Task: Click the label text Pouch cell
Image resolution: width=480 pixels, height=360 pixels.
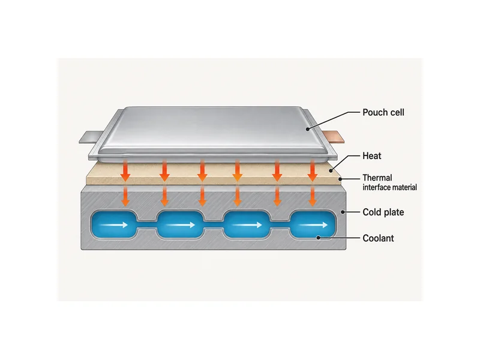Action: point(383,112)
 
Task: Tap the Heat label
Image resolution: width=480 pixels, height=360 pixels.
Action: point(372,156)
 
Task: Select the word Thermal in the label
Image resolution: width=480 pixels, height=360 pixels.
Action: point(377,178)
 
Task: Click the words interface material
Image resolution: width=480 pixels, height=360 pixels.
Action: point(389,187)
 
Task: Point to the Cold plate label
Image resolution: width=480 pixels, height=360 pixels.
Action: point(383,212)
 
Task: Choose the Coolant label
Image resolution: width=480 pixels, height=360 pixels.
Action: point(378,238)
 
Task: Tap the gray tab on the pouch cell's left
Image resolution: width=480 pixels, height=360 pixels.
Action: point(91,137)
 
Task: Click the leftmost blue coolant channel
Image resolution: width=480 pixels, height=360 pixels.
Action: point(114,224)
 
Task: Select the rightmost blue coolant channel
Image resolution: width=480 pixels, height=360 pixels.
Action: point(312,224)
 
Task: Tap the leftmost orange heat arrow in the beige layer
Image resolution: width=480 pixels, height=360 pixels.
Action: point(125,170)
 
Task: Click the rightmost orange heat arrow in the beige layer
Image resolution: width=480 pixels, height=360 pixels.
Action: point(312,170)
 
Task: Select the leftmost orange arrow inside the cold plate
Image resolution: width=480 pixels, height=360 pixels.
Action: point(125,196)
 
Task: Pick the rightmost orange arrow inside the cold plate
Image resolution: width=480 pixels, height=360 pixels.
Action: point(312,196)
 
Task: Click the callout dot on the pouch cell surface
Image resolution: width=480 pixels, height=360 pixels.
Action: point(308,129)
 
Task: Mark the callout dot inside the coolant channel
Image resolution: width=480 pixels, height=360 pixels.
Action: point(319,238)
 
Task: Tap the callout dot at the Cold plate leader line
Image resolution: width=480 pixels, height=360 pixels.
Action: point(343,212)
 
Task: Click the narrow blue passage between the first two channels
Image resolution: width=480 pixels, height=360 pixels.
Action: point(146,228)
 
